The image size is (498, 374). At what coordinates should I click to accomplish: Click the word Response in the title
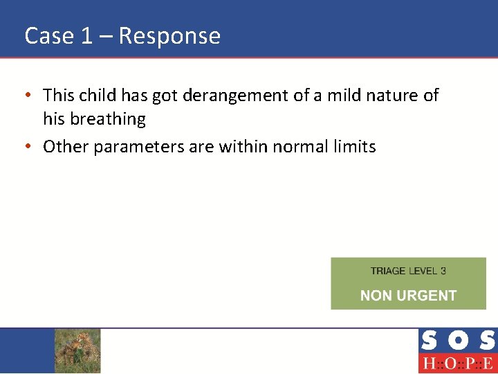tap(169, 36)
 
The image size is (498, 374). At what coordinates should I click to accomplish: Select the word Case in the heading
tap(49, 36)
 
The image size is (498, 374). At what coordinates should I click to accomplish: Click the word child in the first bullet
tap(98, 96)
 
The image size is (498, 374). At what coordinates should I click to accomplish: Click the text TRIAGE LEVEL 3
tap(408, 271)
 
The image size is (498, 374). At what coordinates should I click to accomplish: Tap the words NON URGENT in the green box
tap(408, 296)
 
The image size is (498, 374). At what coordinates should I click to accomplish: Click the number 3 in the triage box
tap(443, 271)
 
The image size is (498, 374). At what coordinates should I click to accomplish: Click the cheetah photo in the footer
tap(77, 350)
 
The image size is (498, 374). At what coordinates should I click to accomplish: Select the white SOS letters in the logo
tap(457, 341)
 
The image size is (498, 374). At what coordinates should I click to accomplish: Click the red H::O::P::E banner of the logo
tap(457, 364)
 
